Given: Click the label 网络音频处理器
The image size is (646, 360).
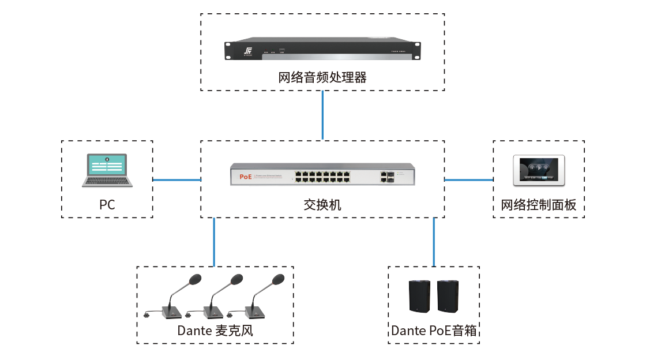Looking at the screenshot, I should pos(322,77).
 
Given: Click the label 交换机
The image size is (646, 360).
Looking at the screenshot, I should pos(322,204).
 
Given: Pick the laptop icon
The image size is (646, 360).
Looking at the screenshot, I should pos(107,171).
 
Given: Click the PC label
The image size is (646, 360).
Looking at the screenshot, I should pos(107,204).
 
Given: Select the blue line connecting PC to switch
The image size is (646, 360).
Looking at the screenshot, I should pos(177,180).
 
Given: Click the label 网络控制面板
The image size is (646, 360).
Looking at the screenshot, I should pos(539,205).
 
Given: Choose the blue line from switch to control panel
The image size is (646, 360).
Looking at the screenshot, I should pos(468,180).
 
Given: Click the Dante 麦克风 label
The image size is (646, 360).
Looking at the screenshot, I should pos(215,331).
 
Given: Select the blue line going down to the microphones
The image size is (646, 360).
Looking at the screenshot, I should pos(214,242).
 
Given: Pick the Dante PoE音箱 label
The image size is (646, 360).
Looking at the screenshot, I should pos(434,331).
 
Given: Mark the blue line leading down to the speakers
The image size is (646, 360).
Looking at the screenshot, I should pos(433,242).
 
